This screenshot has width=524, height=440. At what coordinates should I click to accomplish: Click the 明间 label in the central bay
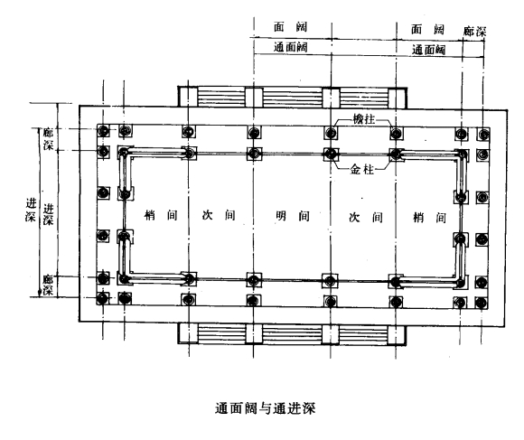(x=293, y=216)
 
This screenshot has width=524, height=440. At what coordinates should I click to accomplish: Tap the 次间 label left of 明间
(x=219, y=215)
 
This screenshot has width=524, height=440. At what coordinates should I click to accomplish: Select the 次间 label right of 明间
(x=366, y=218)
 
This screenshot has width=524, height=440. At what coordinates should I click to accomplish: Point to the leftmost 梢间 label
(x=161, y=215)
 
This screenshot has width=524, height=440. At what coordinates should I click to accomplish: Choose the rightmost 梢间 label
(x=430, y=218)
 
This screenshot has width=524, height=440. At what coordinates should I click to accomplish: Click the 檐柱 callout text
(x=364, y=119)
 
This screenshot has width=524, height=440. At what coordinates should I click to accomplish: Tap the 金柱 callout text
(x=361, y=170)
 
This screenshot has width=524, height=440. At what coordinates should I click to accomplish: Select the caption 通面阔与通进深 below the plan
(x=265, y=408)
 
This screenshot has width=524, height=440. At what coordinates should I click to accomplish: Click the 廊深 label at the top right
(x=474, y=32)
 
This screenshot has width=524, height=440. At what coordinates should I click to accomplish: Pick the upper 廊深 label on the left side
(x=48, y=139)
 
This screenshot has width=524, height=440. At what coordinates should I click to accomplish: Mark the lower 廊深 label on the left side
(x=48, y=285)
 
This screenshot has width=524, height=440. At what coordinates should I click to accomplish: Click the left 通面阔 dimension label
(x=290, y=47)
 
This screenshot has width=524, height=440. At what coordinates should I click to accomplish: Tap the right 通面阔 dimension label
(x=428, y=50)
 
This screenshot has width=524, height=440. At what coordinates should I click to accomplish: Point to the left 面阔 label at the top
(x=290, y=27)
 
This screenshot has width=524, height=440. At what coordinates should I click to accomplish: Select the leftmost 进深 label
(x=31, y=210)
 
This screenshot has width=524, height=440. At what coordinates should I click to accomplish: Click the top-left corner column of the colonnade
(x=103, y=131)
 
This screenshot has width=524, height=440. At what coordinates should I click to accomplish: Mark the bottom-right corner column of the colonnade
(x=482, y=303)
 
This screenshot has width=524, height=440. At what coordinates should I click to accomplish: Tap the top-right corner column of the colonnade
(x=483, y=135)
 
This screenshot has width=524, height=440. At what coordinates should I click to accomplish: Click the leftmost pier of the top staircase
(x=188, y=97)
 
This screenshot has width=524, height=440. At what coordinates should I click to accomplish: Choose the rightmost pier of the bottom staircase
(x=397, y=334)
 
